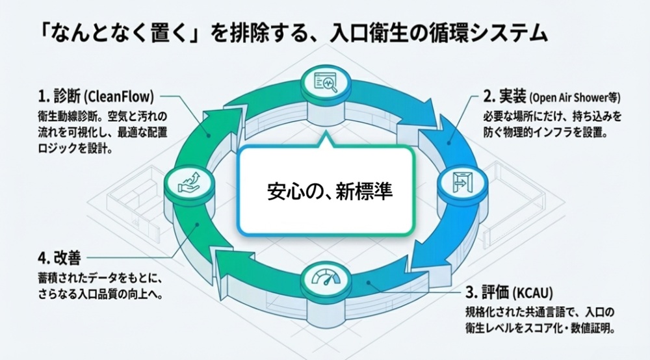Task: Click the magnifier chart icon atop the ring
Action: [x=325, y=84]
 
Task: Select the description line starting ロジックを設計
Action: [x=77, y=148]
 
